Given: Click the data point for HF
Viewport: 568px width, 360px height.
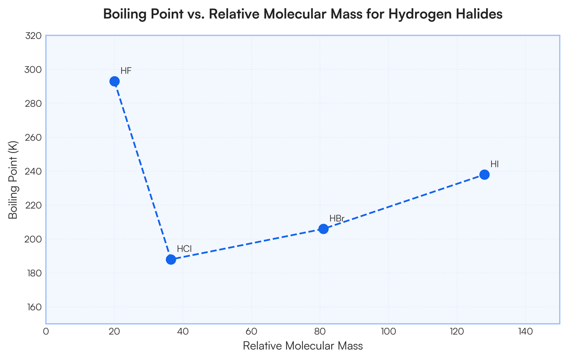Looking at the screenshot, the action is pyautogui.click(x=115, y=81).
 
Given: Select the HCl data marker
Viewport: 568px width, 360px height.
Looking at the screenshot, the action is pyautogui.click(x=171, y=259).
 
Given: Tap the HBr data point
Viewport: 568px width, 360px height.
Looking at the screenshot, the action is pyautogui.click(x=323, y=229).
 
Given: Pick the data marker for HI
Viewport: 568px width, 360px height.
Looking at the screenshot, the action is pyautogui.click(x=484, y=175).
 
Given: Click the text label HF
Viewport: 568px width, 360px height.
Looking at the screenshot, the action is pyautogui.click(x=126, y=71).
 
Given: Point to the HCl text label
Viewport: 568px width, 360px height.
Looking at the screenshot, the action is pyautogui.click(x=184, y=249).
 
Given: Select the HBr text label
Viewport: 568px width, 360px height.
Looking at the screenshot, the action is pyautogui.click(x=337, y=219).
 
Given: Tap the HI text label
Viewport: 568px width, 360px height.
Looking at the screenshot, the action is pyautogui.click(x=495, y=164).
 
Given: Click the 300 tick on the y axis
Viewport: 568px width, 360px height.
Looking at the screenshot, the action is pyautogui.click(x=33, y=70).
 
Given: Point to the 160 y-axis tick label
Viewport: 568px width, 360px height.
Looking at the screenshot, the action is pyautogui.click(x=33, y=307).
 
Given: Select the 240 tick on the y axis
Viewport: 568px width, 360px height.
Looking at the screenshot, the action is pyautogui.click(x=33, y=172).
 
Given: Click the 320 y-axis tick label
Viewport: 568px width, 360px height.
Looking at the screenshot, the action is pyautogui.click(x=33, y=36).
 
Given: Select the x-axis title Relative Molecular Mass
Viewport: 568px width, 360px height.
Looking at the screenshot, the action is pyautogui.click(x=303, y=346).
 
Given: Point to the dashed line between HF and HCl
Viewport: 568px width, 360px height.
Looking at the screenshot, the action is pyautogui.click(x=142, y=170).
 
